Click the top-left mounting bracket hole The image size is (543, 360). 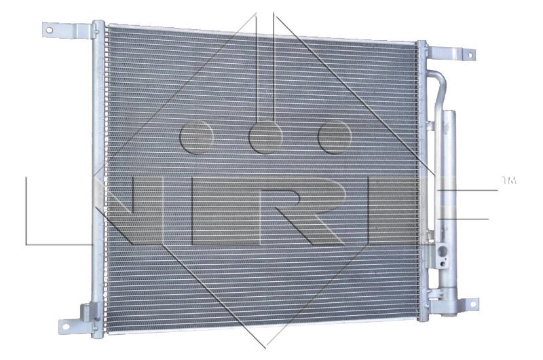coord(50,29)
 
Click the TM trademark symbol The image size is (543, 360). coord(508,180)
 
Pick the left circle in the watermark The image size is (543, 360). coord(197,138)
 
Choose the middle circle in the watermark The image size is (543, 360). coord(265,138)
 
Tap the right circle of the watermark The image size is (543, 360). coord(334,138)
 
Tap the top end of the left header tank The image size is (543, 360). coord(98,26)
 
